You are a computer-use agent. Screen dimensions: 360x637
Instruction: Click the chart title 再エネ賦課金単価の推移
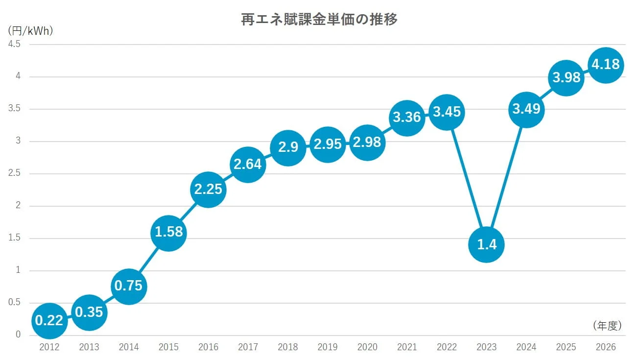(x=319, y=20)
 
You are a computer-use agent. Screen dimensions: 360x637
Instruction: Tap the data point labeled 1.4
(x=486, y=244)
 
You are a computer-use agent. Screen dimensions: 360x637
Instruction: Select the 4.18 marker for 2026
(x=606, y=65)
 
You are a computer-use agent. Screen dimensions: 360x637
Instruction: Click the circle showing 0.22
(x=49, y=320)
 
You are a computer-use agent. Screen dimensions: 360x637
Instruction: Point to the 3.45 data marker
(x=447, y=112)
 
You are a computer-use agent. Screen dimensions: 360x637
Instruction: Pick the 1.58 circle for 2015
(x=168, y=232)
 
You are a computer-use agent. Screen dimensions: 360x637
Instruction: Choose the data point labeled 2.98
(x=367, y=142)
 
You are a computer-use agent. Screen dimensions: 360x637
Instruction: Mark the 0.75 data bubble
(x=128, y=286)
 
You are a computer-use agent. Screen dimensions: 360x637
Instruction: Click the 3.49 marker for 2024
(x=526, y=109)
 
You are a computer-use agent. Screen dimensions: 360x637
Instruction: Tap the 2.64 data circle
(x=248, y=164)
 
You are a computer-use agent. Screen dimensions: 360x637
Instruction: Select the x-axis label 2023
(x=486, y=347)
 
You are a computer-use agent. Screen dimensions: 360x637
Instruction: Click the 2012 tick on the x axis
(x=49, y=347)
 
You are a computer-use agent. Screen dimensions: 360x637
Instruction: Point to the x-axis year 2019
(x=327, y=347)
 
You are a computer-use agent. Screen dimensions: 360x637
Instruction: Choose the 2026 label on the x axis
(x=606, y=347)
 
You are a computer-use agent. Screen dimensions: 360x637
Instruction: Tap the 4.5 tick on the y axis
(x=14, y=44)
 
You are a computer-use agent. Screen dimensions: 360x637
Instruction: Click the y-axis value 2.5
(x=14, y=173)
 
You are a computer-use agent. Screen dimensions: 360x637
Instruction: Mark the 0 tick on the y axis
(x=18, y=335)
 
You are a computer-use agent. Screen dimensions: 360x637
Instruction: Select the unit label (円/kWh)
(x=30, y=30)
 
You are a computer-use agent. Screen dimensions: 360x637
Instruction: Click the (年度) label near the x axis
(x=607, y=325)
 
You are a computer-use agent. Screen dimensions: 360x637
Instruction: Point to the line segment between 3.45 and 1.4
(x=467, y=178)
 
